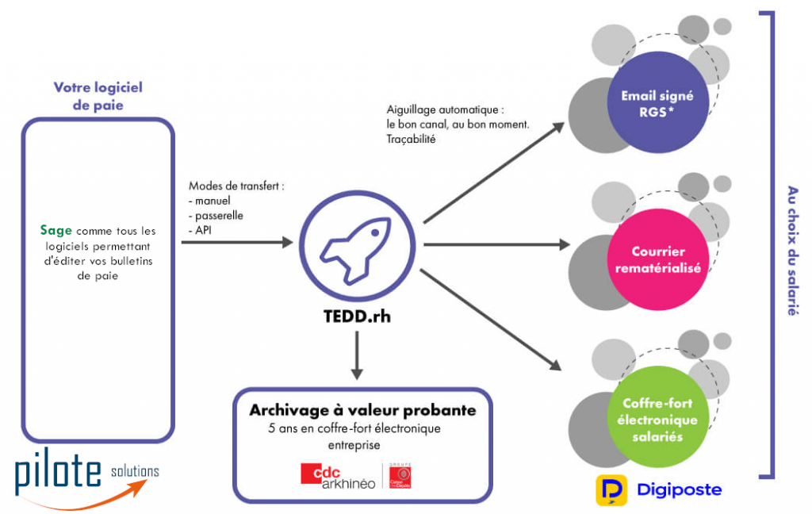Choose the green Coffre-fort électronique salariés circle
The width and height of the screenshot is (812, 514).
point(657,420)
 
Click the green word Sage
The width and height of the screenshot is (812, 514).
point(56,231)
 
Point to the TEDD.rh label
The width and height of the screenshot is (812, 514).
point(357,316)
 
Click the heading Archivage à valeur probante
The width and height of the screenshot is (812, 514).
point(362,410)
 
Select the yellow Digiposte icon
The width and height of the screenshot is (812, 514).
point(611,490)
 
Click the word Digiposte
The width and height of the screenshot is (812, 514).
point(680,489)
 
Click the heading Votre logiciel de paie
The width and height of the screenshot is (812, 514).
point(98,96)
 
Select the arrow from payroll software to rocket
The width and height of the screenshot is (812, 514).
point(237,241)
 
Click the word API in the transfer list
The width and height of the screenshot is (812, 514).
point(205,229)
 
